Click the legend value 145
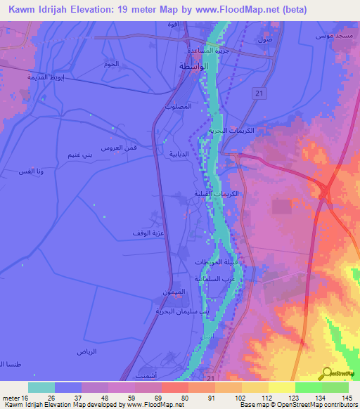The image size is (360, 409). point(347,398)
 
